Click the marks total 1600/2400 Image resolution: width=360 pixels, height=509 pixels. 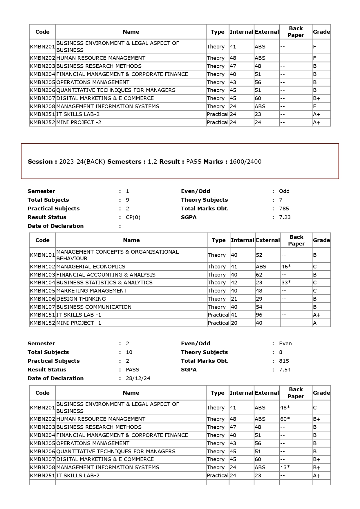[x=245, y=162]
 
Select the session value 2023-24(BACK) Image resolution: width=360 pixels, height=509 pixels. [x=82, y=162]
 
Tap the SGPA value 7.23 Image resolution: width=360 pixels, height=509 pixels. [x=285, y=217]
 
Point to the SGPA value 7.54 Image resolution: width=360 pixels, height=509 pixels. [x=285, y=370]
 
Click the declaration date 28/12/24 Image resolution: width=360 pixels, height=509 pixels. [x=138, y=378]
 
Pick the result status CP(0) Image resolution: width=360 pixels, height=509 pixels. [x=133, y=217]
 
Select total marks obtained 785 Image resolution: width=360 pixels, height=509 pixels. [x=284, y=209]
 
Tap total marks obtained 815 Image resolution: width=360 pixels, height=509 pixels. [x=284, y=361]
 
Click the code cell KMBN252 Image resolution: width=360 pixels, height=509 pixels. [x=42, y=122]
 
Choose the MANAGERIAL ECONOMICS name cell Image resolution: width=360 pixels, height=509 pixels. [x=91, y=267]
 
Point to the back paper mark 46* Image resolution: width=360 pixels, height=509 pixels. [x=286, y=267]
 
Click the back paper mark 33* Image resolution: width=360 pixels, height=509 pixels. [x=286, y=283]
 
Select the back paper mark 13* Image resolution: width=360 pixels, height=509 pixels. [x=285, y=468]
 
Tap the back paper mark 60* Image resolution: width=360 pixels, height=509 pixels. [x=285, y=419]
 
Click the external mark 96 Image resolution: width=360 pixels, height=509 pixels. [x=259, y=315]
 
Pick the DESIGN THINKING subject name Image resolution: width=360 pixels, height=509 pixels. [x=81, y=299]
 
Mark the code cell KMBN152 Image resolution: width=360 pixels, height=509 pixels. [x=42, y=323]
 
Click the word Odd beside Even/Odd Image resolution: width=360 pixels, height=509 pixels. [x=284, y=191]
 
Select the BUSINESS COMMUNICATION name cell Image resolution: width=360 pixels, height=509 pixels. [x=94, y=307]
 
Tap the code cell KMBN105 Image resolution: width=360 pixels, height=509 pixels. [x=42, y=291]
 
